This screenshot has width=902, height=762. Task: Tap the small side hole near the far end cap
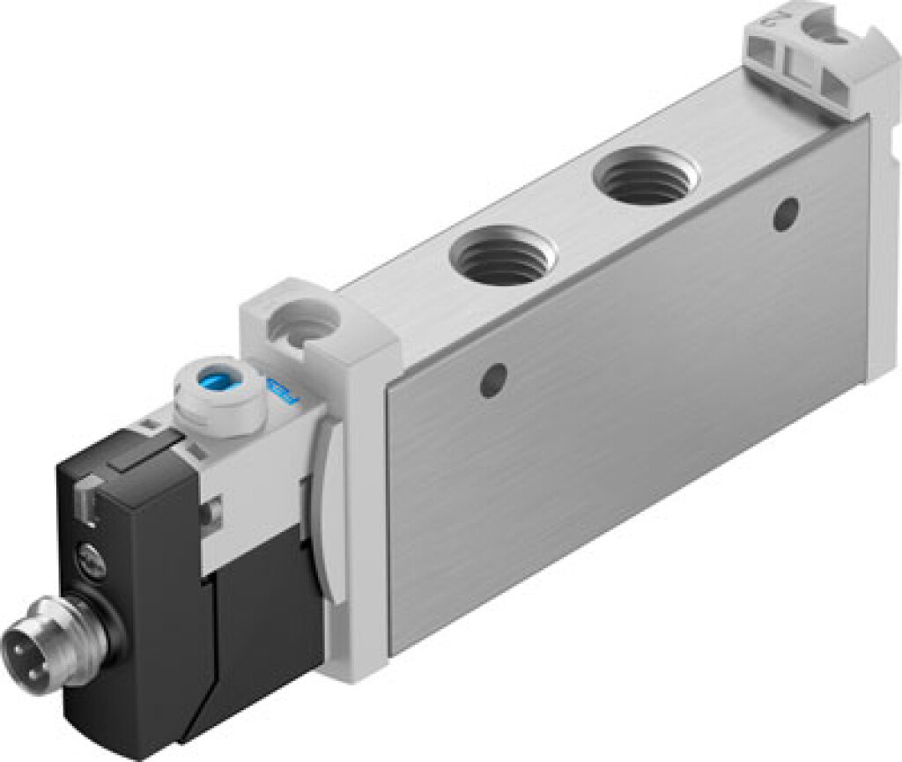tap(785, 212)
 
